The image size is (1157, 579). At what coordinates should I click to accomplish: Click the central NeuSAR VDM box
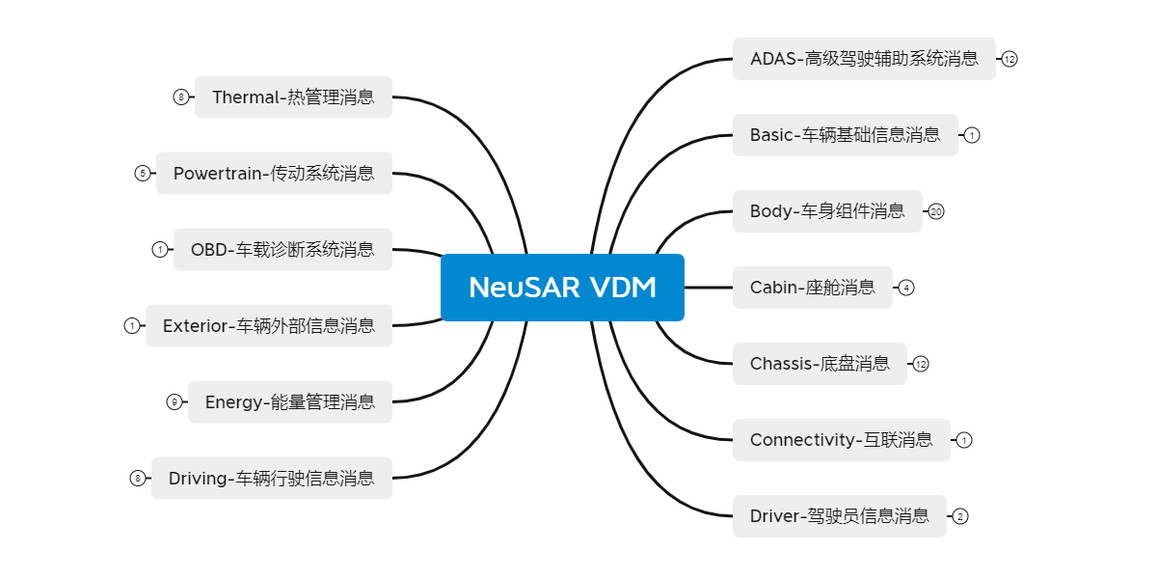(562, 288)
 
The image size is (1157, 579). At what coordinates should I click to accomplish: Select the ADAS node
(864, 59)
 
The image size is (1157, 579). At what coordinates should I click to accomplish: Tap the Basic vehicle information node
(845, 135)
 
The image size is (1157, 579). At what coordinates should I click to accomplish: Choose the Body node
(827, 211)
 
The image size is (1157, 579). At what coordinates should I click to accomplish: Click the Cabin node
(812, 288)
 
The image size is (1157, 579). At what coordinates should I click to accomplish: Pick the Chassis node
(820, 364)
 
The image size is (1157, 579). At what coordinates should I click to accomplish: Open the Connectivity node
(841, 440)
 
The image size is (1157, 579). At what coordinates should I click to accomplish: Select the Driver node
(839, 516)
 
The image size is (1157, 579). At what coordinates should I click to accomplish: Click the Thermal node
(293, 96)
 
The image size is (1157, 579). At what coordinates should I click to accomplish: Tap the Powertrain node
(274, 173)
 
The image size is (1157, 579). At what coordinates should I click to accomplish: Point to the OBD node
(283, 249)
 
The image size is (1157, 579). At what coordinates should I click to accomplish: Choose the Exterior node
(269, 325)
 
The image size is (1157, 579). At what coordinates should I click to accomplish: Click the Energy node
(290, 401)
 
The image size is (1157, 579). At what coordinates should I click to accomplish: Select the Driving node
(272, 478)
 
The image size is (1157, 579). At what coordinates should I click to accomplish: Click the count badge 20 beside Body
(936, 211)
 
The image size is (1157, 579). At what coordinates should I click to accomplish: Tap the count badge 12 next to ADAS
(1009, 59)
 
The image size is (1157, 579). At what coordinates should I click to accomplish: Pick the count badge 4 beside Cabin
(906, 288)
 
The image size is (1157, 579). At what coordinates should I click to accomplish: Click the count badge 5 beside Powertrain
(142, 174)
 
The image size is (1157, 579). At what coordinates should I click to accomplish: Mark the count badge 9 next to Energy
(175, 402)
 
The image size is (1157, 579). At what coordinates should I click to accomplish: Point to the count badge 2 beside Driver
(960, 516)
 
